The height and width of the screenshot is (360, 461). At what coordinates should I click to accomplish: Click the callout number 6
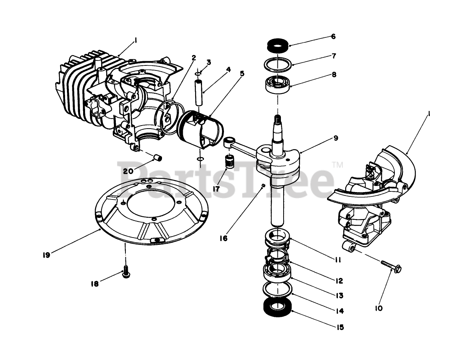tap(333, 37)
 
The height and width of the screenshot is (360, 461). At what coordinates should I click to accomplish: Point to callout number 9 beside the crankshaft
tap(336, 137)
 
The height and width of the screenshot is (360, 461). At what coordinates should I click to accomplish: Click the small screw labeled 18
tap(126, 271)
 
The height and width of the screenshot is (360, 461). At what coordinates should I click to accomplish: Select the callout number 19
tap(47, 255)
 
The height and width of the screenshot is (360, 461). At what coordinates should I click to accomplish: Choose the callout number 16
tap(224, 238)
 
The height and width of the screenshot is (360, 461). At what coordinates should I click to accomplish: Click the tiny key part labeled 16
tap(262, 185)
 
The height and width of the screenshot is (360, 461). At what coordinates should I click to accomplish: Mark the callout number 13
tap(339, 296)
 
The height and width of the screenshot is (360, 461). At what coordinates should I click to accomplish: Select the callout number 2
tap(194, 58)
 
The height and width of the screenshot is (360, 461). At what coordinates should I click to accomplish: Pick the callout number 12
tap(339, 281)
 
